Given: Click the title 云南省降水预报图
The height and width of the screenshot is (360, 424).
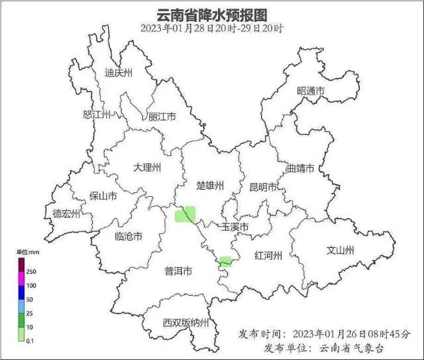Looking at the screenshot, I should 211,14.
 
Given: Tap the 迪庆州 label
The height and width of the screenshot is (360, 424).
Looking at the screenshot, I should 119,73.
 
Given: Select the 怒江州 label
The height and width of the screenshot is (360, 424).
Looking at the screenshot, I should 97,115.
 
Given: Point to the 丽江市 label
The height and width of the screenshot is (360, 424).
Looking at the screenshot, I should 162,117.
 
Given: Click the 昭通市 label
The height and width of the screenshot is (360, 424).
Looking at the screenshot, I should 311,91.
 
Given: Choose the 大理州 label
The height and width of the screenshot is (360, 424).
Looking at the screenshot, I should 147,168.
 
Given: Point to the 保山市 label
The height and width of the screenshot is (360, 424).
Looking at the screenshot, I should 103,196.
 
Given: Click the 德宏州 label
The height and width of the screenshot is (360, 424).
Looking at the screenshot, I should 66,213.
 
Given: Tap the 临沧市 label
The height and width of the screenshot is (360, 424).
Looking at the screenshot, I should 129,236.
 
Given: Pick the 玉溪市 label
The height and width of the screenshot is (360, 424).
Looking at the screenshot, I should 235,227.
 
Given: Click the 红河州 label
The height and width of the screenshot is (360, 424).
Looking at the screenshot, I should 269,256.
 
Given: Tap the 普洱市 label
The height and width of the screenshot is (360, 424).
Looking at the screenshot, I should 178,271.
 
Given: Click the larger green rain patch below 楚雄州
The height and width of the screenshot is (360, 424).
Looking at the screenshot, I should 185,214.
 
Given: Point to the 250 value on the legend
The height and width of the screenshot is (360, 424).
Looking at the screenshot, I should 32,272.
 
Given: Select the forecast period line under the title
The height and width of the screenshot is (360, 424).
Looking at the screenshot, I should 211,29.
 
